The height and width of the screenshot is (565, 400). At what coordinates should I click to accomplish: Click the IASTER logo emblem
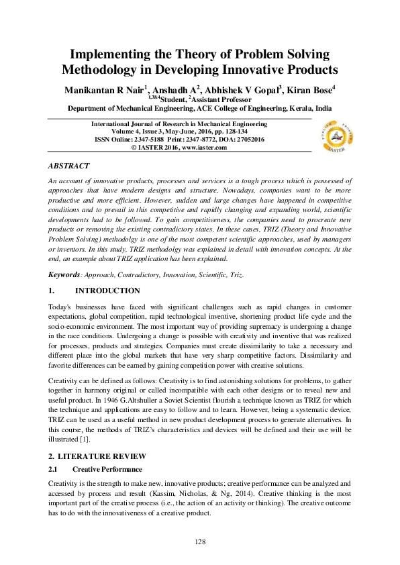[335, 137]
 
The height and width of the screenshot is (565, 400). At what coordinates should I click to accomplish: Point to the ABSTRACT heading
[69, 165]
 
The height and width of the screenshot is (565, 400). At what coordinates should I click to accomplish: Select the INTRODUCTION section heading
[107, 291]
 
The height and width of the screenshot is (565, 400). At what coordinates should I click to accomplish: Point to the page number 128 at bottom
[199, 542]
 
